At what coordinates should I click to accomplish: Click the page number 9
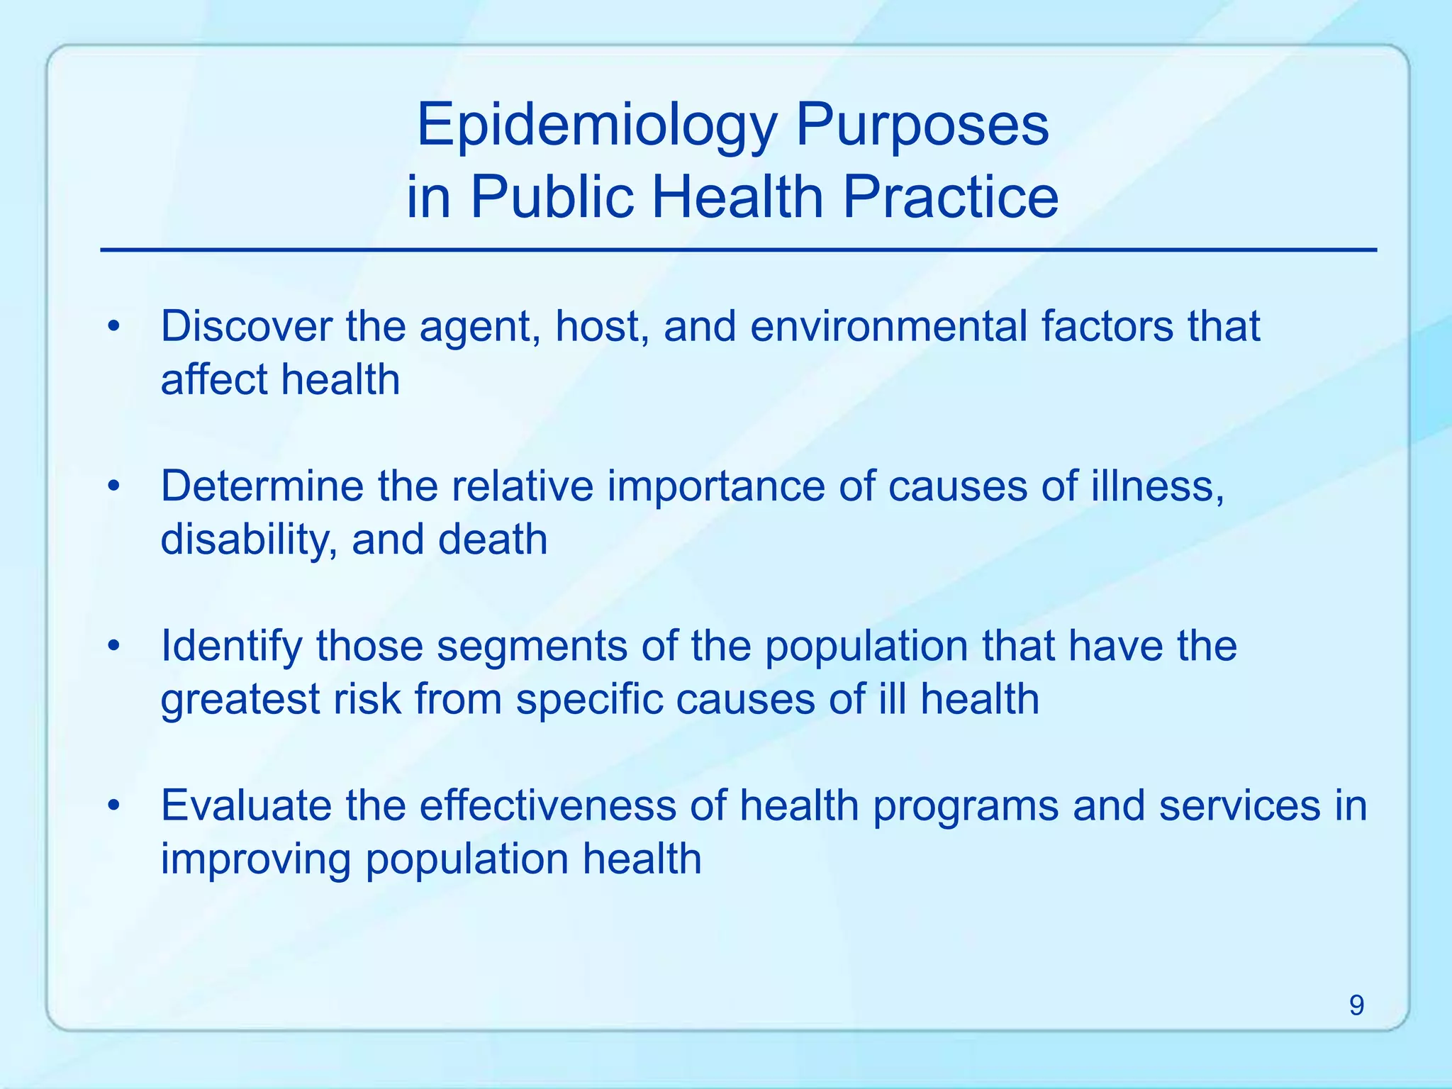click(x=1356, y=1005)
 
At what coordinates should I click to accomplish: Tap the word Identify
click(x=231, y=647)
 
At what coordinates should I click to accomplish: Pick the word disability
click(x=248, y=540)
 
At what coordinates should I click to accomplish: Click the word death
click(x=493, y=540)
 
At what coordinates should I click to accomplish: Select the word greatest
click(x=240, y=700)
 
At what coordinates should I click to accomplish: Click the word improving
click(x=256, y=859)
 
